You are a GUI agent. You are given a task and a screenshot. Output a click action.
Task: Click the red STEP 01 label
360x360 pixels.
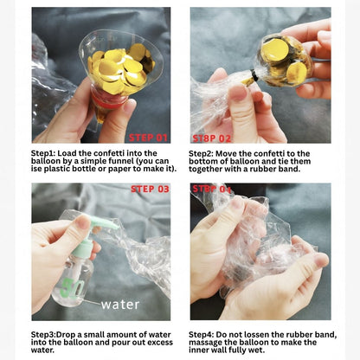(148, 138)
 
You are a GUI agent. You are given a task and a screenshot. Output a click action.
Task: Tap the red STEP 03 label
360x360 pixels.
(150, 189)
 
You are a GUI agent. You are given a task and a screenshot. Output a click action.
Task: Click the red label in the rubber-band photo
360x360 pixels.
(212, 138)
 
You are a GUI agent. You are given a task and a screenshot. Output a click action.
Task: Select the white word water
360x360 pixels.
(120, 305)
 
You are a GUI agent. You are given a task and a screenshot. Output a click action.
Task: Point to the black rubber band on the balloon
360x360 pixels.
(254, 76)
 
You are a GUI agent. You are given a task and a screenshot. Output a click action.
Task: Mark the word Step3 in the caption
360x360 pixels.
(43, 335)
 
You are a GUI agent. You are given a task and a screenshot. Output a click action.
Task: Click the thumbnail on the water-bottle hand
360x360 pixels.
(83, 222)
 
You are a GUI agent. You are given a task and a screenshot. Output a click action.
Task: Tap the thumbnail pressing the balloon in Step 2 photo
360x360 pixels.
(238, 93)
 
